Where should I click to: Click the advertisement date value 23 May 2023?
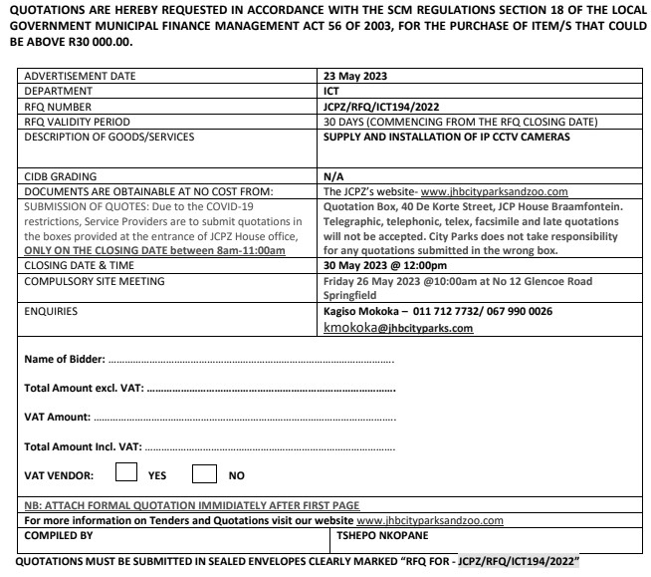point(355,76)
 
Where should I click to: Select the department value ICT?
point(332,90)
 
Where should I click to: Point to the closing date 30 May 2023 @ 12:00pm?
point(385,267)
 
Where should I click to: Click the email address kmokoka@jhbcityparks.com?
point(398,328)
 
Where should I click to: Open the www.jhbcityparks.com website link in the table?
point(494,191)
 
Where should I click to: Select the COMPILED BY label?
point(59,535)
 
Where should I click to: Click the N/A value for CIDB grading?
point(333,175)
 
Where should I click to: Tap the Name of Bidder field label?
point(63,359)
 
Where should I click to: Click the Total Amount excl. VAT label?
point(81,388)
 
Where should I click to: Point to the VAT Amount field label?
point(57,417)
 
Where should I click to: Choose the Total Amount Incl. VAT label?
point(82,445)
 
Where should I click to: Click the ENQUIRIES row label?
point(51,312)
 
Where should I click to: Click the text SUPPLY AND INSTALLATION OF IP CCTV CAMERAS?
point(447,137)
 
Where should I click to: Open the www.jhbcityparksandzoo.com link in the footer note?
point(430,520)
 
